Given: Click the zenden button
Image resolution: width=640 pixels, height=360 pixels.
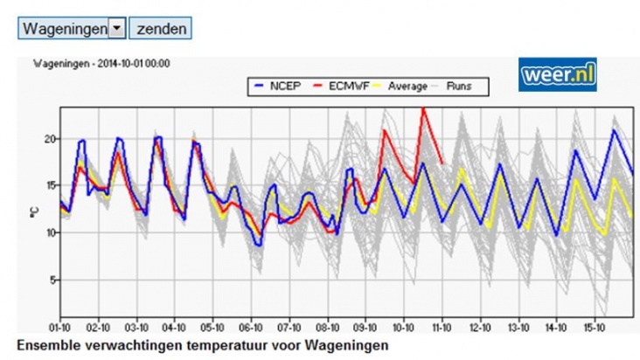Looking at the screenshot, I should point(159,28).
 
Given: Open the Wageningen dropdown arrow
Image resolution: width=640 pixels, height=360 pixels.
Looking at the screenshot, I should point(116,28).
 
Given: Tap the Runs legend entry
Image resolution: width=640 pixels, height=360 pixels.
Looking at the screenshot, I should point(460,86).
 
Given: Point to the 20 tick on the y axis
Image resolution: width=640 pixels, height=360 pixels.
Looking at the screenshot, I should point(50,139).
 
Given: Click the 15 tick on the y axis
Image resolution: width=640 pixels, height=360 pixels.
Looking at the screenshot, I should point(50,186).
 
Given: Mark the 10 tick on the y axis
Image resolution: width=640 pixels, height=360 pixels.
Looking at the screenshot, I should point(50,232).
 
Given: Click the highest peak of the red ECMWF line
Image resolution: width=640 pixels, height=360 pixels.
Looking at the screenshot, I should point(423,108).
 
